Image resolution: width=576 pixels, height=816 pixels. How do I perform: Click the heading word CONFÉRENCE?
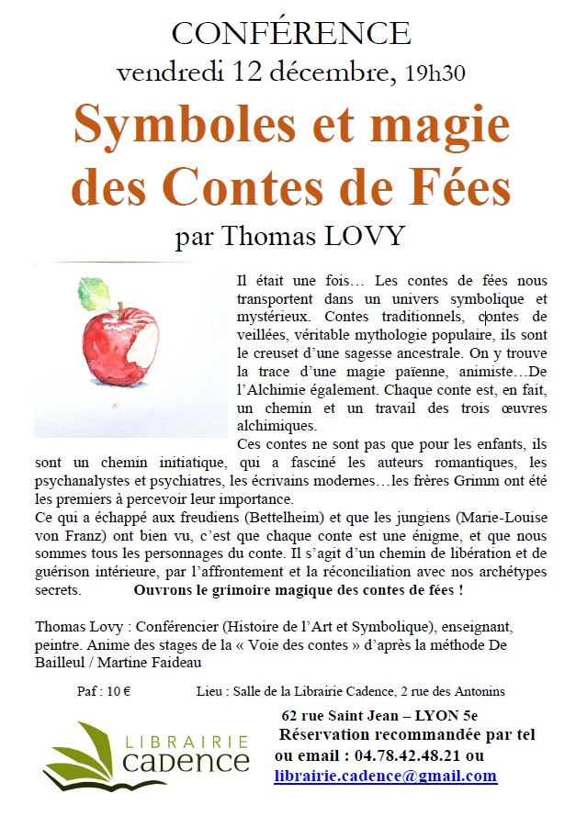click(x=290, y=33)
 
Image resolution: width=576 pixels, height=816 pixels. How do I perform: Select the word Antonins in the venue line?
click(x=476, y=690)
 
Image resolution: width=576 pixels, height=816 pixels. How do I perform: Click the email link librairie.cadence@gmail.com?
click(x=386, y=776)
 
